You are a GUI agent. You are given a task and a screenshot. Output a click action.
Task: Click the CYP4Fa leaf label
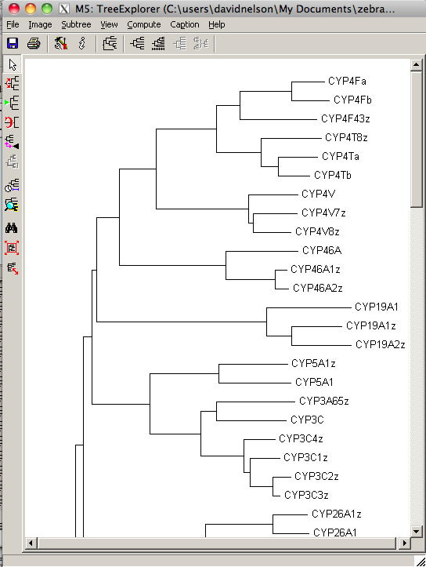(x=347, y=81)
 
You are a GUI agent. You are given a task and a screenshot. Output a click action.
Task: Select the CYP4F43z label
(x=345, y=118)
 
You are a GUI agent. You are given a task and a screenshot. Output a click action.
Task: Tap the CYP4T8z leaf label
(x=346, y=137)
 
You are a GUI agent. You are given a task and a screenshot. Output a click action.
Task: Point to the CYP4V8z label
(x=317, y=231)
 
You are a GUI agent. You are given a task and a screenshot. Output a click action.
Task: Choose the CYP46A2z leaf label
(x=318, y=288)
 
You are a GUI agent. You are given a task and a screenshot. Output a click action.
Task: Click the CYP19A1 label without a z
(x=376, y=307)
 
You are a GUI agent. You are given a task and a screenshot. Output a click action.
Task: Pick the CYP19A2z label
(x=380, y=344)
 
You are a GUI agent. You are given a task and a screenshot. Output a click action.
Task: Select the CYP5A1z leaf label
(x=313, y=363)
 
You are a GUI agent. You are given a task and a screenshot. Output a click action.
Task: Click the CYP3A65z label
(x=324, y=401)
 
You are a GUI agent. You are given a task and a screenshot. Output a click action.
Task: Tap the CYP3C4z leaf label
(x=301, y=438)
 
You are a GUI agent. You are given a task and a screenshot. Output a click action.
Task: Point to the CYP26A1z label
(x=337, y=514)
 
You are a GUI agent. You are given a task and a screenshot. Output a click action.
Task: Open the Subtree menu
(x=76, y=24)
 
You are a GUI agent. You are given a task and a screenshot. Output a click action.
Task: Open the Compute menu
(x=144, y=24)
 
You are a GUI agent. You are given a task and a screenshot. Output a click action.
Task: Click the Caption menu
(x=185, y=24)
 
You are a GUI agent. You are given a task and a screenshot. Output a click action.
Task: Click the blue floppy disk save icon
(x=13, y=43)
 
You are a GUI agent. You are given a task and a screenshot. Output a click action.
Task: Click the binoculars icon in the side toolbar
(x=12, y=227)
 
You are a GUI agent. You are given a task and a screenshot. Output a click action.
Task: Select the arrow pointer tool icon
(x=13, y=65)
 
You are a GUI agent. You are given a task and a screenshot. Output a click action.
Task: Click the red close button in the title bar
(x=14, y=9)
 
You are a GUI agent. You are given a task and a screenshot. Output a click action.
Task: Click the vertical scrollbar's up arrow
(x=417, y=65)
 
